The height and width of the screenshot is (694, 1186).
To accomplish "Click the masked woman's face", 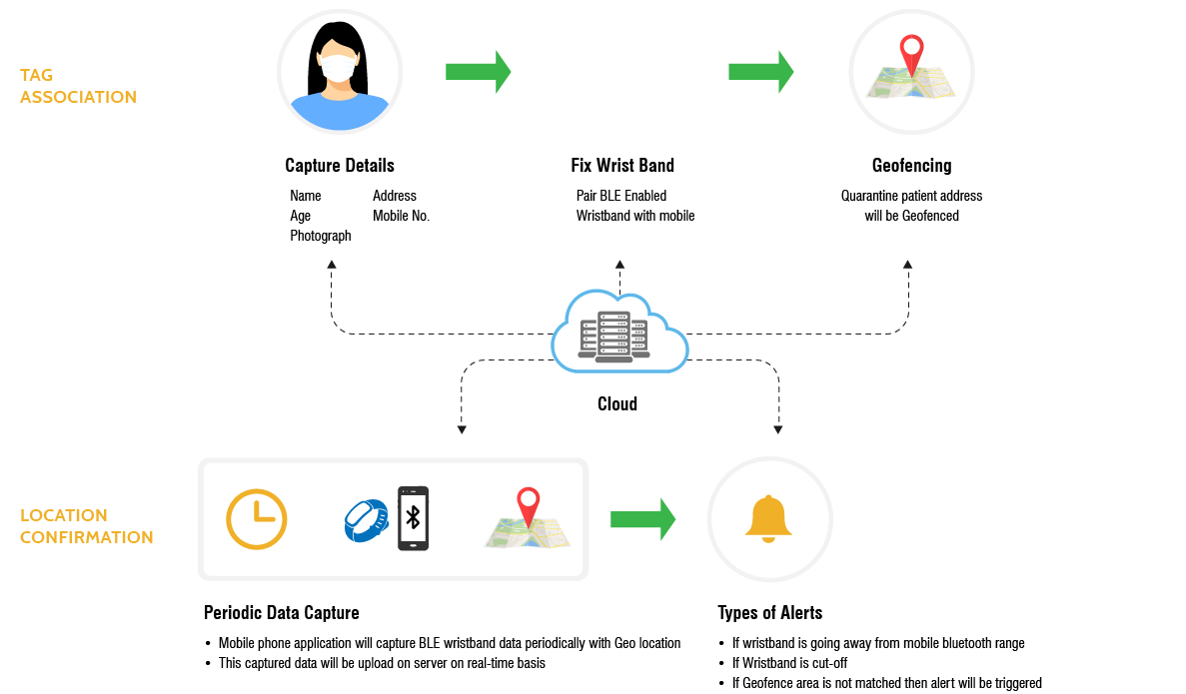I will click(x=338, y=62).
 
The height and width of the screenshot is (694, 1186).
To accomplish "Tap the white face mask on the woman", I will click(x=338, y=69).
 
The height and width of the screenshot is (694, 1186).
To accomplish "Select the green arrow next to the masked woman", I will click(x=478, y=71).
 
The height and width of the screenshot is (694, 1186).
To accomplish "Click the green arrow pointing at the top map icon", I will click(x=760, y=71).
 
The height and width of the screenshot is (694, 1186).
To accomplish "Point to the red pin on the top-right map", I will click(x=910, y=53).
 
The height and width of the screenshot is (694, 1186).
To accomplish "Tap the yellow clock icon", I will click(x=257, y=519).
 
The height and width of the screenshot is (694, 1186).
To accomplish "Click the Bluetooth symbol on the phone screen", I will click(x=413, y=518).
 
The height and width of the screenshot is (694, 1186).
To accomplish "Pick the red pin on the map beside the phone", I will click(x=528, y=504).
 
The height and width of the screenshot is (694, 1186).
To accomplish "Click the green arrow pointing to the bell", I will click(x=642, y=519).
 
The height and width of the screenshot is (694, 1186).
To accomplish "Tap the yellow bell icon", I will click(x=768, y=519).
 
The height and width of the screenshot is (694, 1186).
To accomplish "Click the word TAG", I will click(x=36, y=76).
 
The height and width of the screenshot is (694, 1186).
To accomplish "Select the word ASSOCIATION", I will click(x=78, y=97).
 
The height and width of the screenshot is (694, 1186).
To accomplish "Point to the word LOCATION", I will click(x=64, y=515).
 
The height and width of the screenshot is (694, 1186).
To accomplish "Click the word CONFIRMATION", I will click(x=86, y=537).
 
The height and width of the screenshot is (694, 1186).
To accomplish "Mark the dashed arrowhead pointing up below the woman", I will click(x=332, y=265).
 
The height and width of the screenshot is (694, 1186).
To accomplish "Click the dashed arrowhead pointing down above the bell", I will click(x=777, y=429).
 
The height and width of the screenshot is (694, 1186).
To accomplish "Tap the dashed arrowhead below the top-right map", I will click(x=908, y=265).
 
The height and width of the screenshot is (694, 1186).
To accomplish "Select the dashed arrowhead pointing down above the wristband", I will click(x=462, y=429).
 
